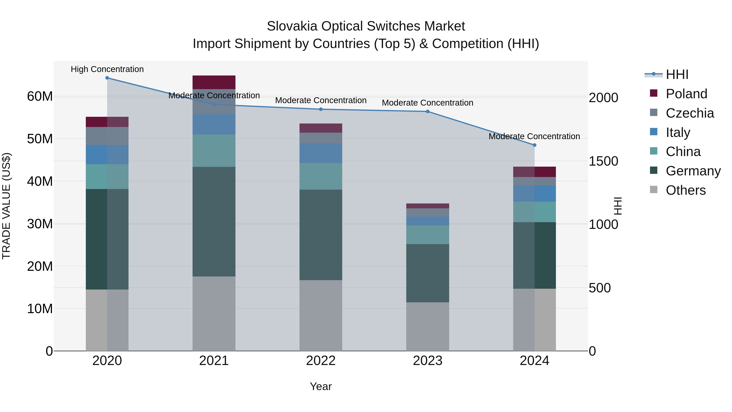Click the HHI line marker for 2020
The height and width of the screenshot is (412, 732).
click(107, 78)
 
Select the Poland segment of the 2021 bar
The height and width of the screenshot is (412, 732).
click(214, 82)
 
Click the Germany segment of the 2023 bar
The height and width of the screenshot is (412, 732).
click(427, 273)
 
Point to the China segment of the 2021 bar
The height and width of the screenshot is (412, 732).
click(214, 151)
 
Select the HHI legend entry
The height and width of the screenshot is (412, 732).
click(677, 74)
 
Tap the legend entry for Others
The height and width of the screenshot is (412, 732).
click(685, 190)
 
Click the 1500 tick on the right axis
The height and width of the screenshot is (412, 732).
click(603, 161)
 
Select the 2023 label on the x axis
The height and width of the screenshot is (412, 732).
click(427, 361)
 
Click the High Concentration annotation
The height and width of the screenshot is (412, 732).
click(107, 69)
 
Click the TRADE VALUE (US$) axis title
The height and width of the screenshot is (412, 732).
click(6, 206)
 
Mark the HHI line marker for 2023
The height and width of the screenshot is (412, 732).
click(427, 111)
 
